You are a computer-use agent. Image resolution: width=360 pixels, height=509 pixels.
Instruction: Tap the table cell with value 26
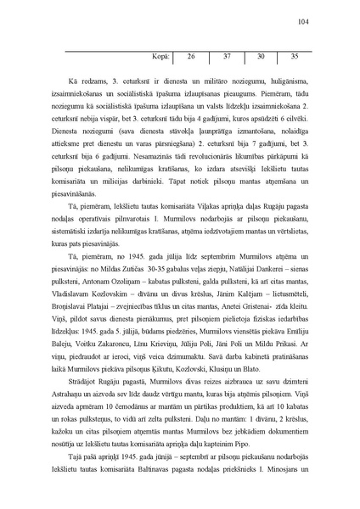click(191, 57)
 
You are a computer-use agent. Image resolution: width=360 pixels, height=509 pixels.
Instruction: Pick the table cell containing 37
click(227, 57)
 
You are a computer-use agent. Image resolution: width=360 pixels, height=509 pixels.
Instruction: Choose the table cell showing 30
click(261, 57)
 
